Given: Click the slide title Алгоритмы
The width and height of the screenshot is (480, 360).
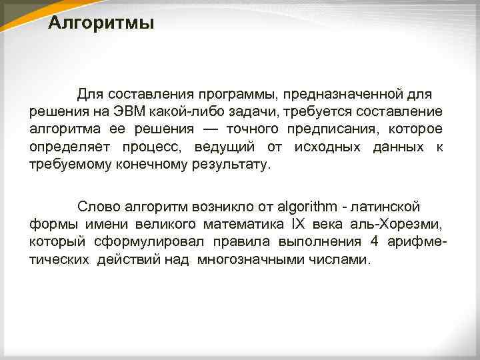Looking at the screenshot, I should tap(101, 25).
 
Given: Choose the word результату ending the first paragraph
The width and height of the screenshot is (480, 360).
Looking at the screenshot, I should tap(227, 165).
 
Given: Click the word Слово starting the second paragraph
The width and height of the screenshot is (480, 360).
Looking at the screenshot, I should tap(97, 206).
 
